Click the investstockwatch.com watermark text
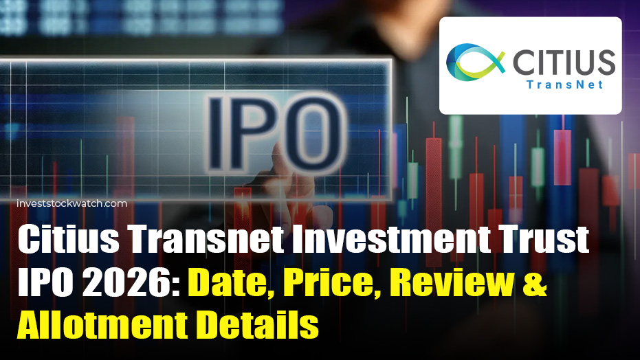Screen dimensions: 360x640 click(71, 203)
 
